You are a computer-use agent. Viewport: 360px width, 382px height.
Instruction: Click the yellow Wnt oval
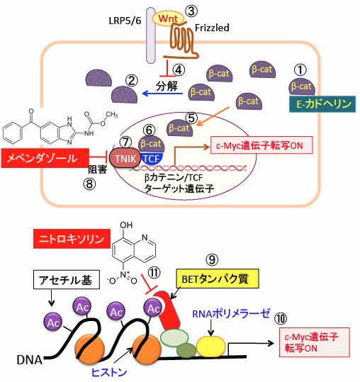point(168,18)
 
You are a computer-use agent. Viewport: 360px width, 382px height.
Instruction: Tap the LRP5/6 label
point(125,21)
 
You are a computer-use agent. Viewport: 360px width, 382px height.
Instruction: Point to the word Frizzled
point(212,28)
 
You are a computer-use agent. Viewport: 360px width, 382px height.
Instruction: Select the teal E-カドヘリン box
point(322,104)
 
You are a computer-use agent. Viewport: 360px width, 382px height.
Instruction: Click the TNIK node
point(125,158)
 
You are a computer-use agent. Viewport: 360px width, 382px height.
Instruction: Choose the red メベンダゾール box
point(45,158)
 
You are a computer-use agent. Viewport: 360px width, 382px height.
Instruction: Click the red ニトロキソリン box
point(72,239)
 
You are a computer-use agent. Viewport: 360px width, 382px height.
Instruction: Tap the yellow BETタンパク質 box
point(218,279)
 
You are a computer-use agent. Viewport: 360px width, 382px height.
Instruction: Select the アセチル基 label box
point(66,280)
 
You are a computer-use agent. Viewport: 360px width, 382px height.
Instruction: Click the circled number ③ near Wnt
point(191,11)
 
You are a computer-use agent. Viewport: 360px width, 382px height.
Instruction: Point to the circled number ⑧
point(89,184)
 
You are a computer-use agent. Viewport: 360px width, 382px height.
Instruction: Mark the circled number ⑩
point(281,318)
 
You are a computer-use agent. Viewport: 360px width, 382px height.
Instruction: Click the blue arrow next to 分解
point(162,94)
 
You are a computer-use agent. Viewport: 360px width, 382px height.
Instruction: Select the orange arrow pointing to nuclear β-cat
point(213,116)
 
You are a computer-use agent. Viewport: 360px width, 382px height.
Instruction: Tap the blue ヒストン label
point(108,372)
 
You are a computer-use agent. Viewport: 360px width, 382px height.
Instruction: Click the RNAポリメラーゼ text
point(230,314)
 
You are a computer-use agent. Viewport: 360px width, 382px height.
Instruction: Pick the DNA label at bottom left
point(29,360)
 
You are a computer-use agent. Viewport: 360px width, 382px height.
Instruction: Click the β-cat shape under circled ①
point(302,86)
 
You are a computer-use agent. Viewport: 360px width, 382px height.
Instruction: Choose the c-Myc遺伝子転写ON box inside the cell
point(261,145)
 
